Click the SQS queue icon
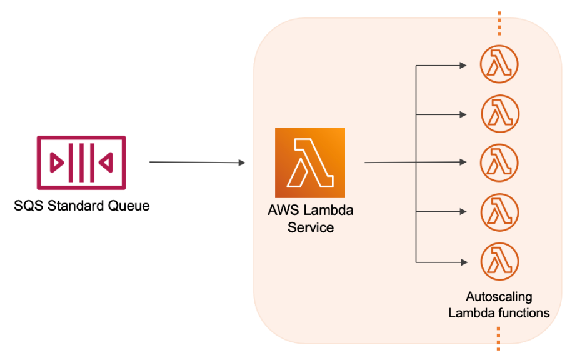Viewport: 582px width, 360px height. click(x=81, y=162)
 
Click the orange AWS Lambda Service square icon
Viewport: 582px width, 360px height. click(x=310, y=162)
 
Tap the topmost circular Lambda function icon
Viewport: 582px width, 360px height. click(x=499, y=65)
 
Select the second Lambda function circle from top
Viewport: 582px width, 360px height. click(x=500, y=114)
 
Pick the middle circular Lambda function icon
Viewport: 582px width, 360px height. click(x=499, y=162)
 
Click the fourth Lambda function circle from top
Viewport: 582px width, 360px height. click(x=499, y=211)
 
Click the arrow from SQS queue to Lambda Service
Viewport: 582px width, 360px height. click(x=197, y=162)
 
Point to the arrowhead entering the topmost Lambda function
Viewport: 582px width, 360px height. click(x=463, y=65)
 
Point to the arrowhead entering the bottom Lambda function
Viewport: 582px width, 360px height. click(x=463, y=261)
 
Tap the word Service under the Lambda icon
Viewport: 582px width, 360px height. click(x=311, y=227)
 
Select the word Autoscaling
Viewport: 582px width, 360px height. click(x=499, y=297)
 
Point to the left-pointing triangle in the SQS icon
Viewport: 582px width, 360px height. click(x=107, y=162)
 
